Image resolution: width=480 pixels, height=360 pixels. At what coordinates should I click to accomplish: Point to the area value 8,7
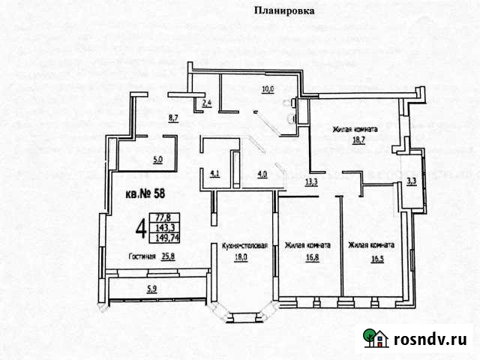pos(173,118)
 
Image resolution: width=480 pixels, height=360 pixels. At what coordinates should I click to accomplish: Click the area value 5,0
pos(158,158)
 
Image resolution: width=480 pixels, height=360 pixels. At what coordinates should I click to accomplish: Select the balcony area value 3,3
pos(411,181)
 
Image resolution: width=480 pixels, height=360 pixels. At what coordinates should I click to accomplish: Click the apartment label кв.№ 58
pos(145,195)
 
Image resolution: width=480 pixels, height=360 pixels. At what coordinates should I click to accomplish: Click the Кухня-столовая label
pos(241,244)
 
